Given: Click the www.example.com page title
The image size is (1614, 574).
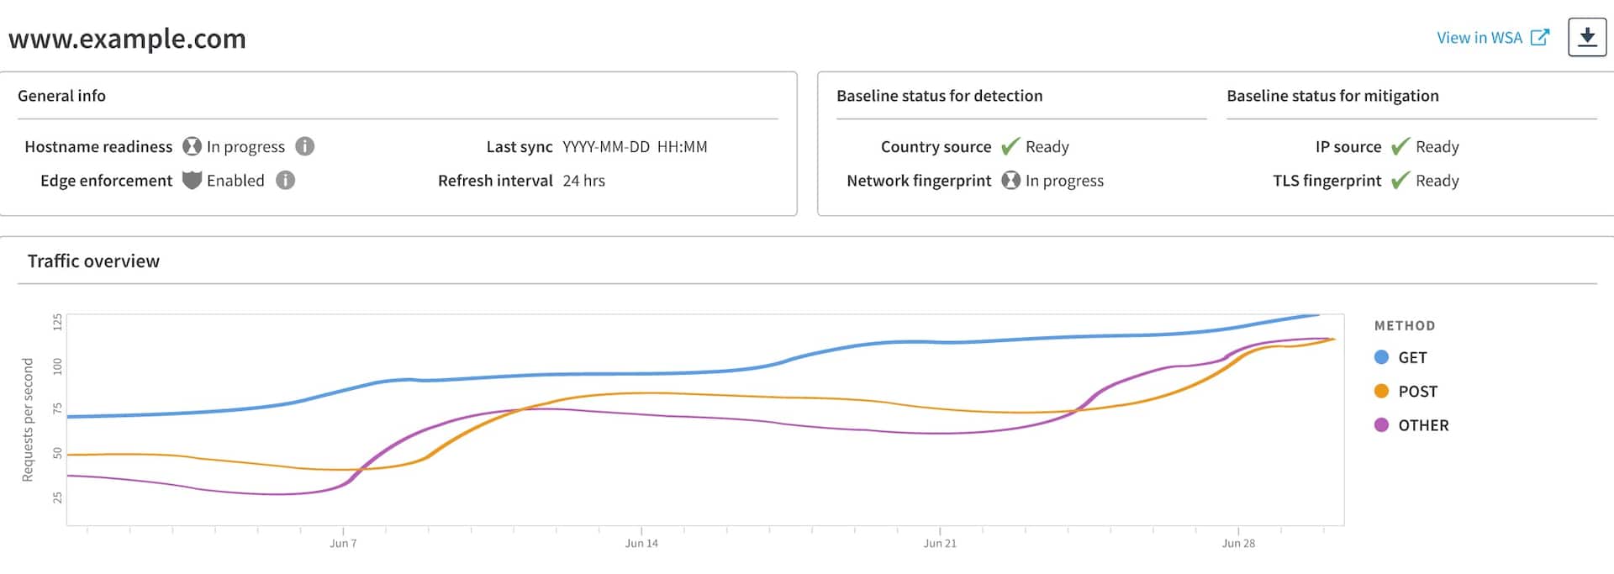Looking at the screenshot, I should tap(127, 39).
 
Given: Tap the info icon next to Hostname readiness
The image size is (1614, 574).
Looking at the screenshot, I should tap(305, 146).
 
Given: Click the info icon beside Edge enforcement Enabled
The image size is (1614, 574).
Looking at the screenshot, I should tap(286, 181).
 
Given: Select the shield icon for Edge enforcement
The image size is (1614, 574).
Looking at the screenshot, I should tap(192, 181).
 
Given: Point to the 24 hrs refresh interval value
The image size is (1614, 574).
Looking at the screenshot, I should tap(583, 181).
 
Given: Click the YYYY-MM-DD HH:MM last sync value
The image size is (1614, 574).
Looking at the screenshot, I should tap(635, 147).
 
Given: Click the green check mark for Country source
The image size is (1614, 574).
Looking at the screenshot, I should tap(1010, 147).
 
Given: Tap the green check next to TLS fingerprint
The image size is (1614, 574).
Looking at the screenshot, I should tap(1400, 181).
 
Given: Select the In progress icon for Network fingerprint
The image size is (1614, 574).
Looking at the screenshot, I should tap(1010, 181).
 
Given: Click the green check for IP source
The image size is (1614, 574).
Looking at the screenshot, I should tap(1400, 147).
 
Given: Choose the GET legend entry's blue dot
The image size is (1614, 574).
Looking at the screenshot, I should tap(1381, 357).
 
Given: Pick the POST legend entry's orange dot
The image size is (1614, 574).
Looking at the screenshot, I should tap(1381, 391).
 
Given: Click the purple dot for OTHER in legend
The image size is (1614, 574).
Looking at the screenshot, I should tap(1381, 425).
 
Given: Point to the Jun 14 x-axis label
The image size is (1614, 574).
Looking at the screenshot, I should tap(641, 544).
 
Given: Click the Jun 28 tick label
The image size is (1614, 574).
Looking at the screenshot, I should tap(1238, 544).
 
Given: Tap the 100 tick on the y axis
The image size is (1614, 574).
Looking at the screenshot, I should tap(57, 366).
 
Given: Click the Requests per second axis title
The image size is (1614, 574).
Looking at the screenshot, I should tap(28, 419).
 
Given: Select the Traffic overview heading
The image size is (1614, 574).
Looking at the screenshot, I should tap(93, 261).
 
